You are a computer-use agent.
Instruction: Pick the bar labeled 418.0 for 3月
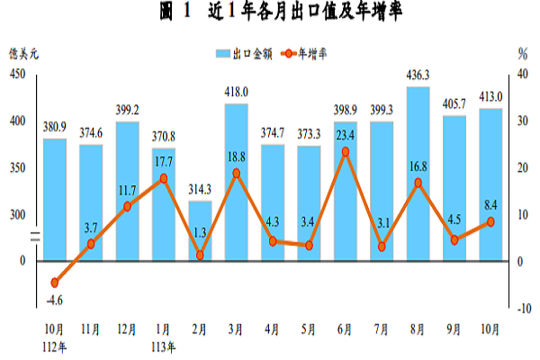pyautogui.click(x=236, y=180)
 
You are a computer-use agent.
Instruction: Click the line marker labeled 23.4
pyautogui.click(x=345, y=151)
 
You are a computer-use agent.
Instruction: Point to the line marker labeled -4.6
pyautogui.click(x=55, y=283)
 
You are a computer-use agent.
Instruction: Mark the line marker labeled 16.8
pyautogui.click(x=417, y=183)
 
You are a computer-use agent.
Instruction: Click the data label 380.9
pyautogui.click(x=55, y=127)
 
